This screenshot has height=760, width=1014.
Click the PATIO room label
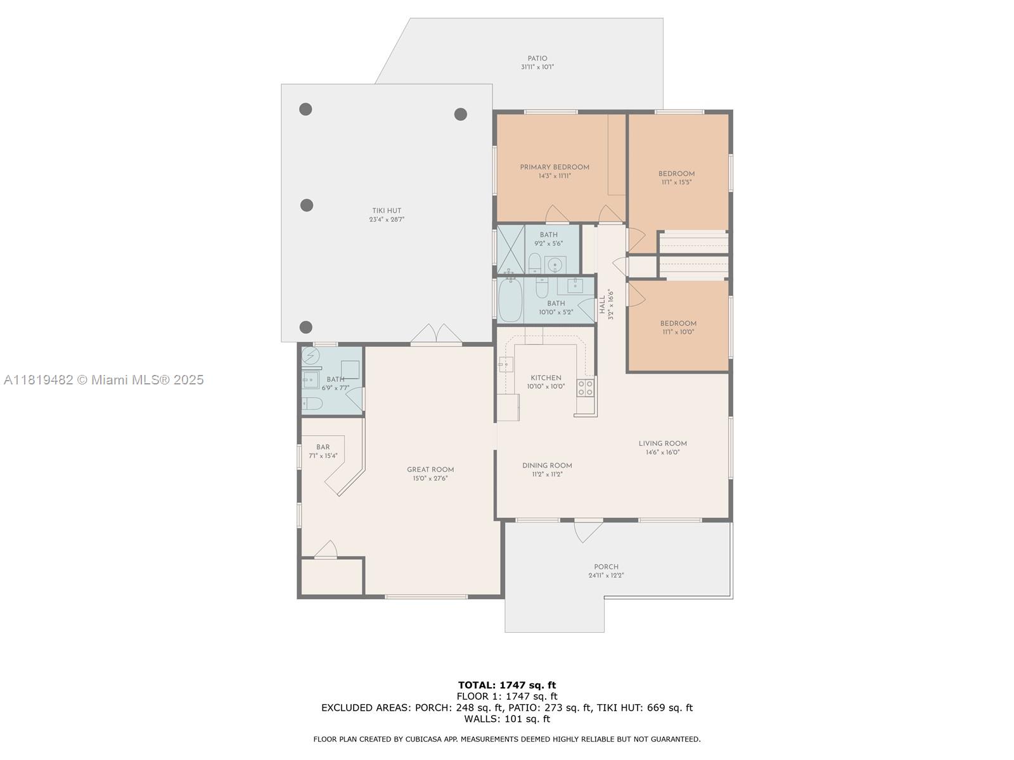coord(537,59)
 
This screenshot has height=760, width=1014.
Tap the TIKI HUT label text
coord(387,211)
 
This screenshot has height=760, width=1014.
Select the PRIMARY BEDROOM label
coord(555,167)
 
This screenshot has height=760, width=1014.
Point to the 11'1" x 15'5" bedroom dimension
coord(676,182)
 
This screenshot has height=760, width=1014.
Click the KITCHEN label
coord(546,378)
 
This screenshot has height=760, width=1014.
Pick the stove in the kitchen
coord(586,388)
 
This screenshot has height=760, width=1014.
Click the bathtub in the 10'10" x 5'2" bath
coord(510,300)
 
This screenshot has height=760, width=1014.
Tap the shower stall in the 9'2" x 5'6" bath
coord(511,249)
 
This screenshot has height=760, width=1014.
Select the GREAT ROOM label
coord(430,470)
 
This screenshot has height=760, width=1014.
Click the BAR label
coord(323,447)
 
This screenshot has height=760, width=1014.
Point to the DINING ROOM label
coord(547,465)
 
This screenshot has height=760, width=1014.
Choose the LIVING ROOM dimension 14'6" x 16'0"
coord(662,452)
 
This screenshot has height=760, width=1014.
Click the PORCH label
coord(606,567)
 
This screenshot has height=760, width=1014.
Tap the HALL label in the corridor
coord(603,305)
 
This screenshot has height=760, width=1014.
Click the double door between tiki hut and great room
coord(437,334)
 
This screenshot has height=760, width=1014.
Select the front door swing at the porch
coord(587,531)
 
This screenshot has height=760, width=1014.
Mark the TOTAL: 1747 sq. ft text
coord(507,685)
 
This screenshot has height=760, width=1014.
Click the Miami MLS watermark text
coord(103,380)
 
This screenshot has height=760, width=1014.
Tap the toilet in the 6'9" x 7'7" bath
coord(312,404)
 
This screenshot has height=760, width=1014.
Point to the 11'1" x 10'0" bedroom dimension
coord(677,332)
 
